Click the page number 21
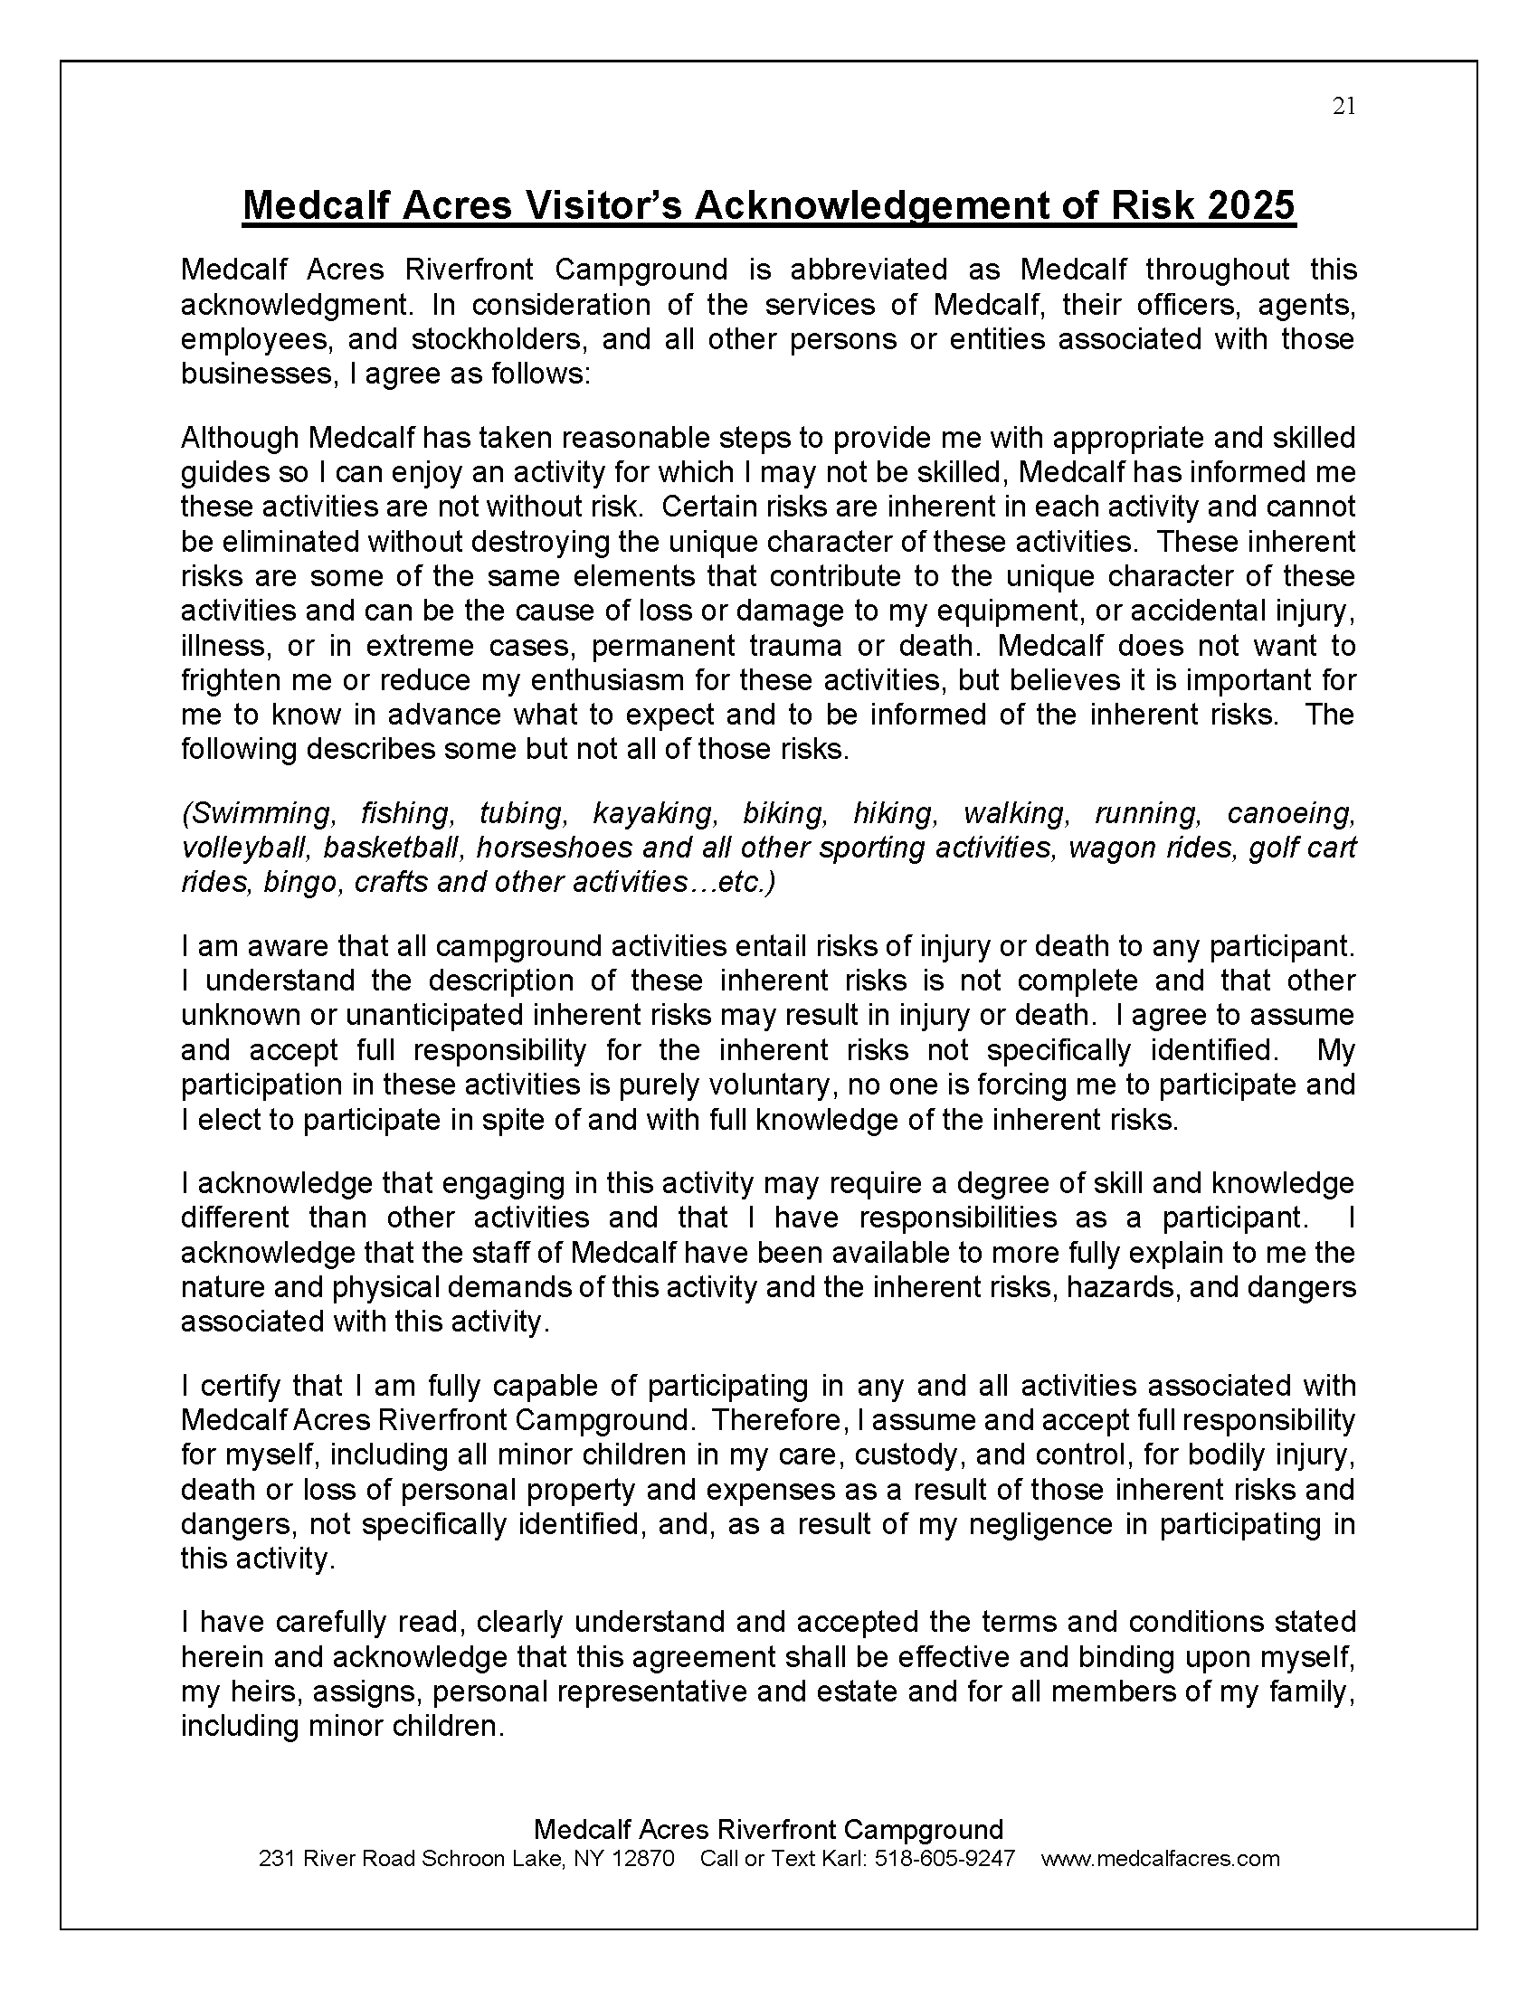1343,107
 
